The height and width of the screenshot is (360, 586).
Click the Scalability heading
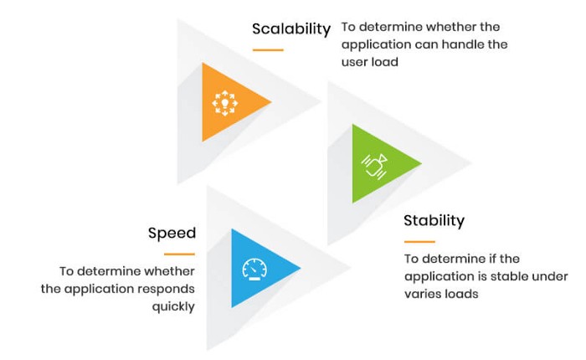(x=291, y=29)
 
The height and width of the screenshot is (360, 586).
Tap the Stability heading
(x=434, y=220)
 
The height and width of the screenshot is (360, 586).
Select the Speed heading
(x=172, y=234)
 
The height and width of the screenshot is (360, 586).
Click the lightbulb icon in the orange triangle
(x=225, y=103)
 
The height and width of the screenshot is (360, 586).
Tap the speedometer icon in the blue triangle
(x=254, y=269)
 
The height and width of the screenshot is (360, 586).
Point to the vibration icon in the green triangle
(x=374, y=166)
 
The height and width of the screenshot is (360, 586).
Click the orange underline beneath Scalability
(x=268, y=49)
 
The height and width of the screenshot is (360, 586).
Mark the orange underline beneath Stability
(x=419, y=242)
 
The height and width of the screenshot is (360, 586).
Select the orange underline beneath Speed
(x=179, y=255)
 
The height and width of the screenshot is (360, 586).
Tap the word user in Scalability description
(x=354, y=63)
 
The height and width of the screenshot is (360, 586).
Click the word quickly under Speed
(x=173, y=307)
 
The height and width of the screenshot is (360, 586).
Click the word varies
(x=420, y=294)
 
